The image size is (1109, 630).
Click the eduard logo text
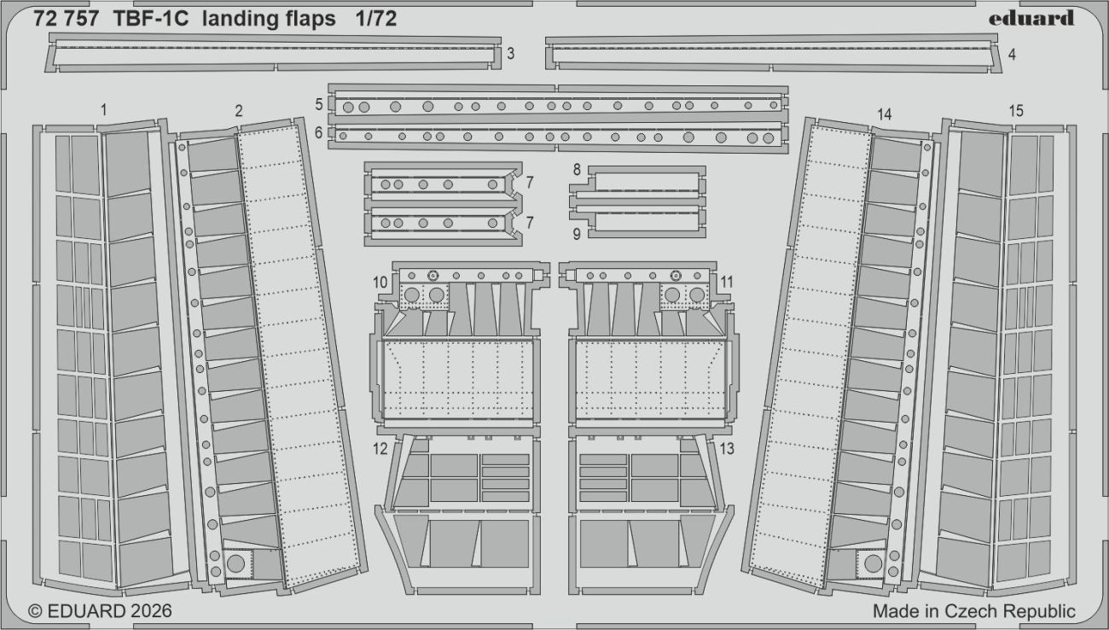pyautogui.click(x=1031, y=19)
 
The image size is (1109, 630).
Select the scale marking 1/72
pyautogui.click(x=376, y=20)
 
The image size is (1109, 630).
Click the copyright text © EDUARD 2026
pyautogui.click(x=101, y=611)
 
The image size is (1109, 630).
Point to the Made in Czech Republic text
pyautogui.click(x=973, y=611)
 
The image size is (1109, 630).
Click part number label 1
pyautogui.click(x=103, y=109)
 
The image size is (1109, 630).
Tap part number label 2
pyautogui.click(x=238, y=110)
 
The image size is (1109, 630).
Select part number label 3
pyautogui.click(x=509, y=54)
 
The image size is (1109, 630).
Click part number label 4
pyautogui.click(x=1011, y=54)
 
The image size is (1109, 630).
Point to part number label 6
pyautogui.click(x=318, y=133)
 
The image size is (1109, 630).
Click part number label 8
pyautogui.click(x=577, y=170)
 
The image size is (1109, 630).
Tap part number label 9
pyautogui.click(x=577, y=232)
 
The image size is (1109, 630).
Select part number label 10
pyautogui.click(x=380, y=282)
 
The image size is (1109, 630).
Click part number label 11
pyautogui.click(x=727, y=281)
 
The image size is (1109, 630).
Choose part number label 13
pyautogui.click(x=727, y=448)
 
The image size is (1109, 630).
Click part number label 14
pyautogui.click(x=884, y=114)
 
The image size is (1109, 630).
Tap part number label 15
pyautogui.click(x=1015, y=111)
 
